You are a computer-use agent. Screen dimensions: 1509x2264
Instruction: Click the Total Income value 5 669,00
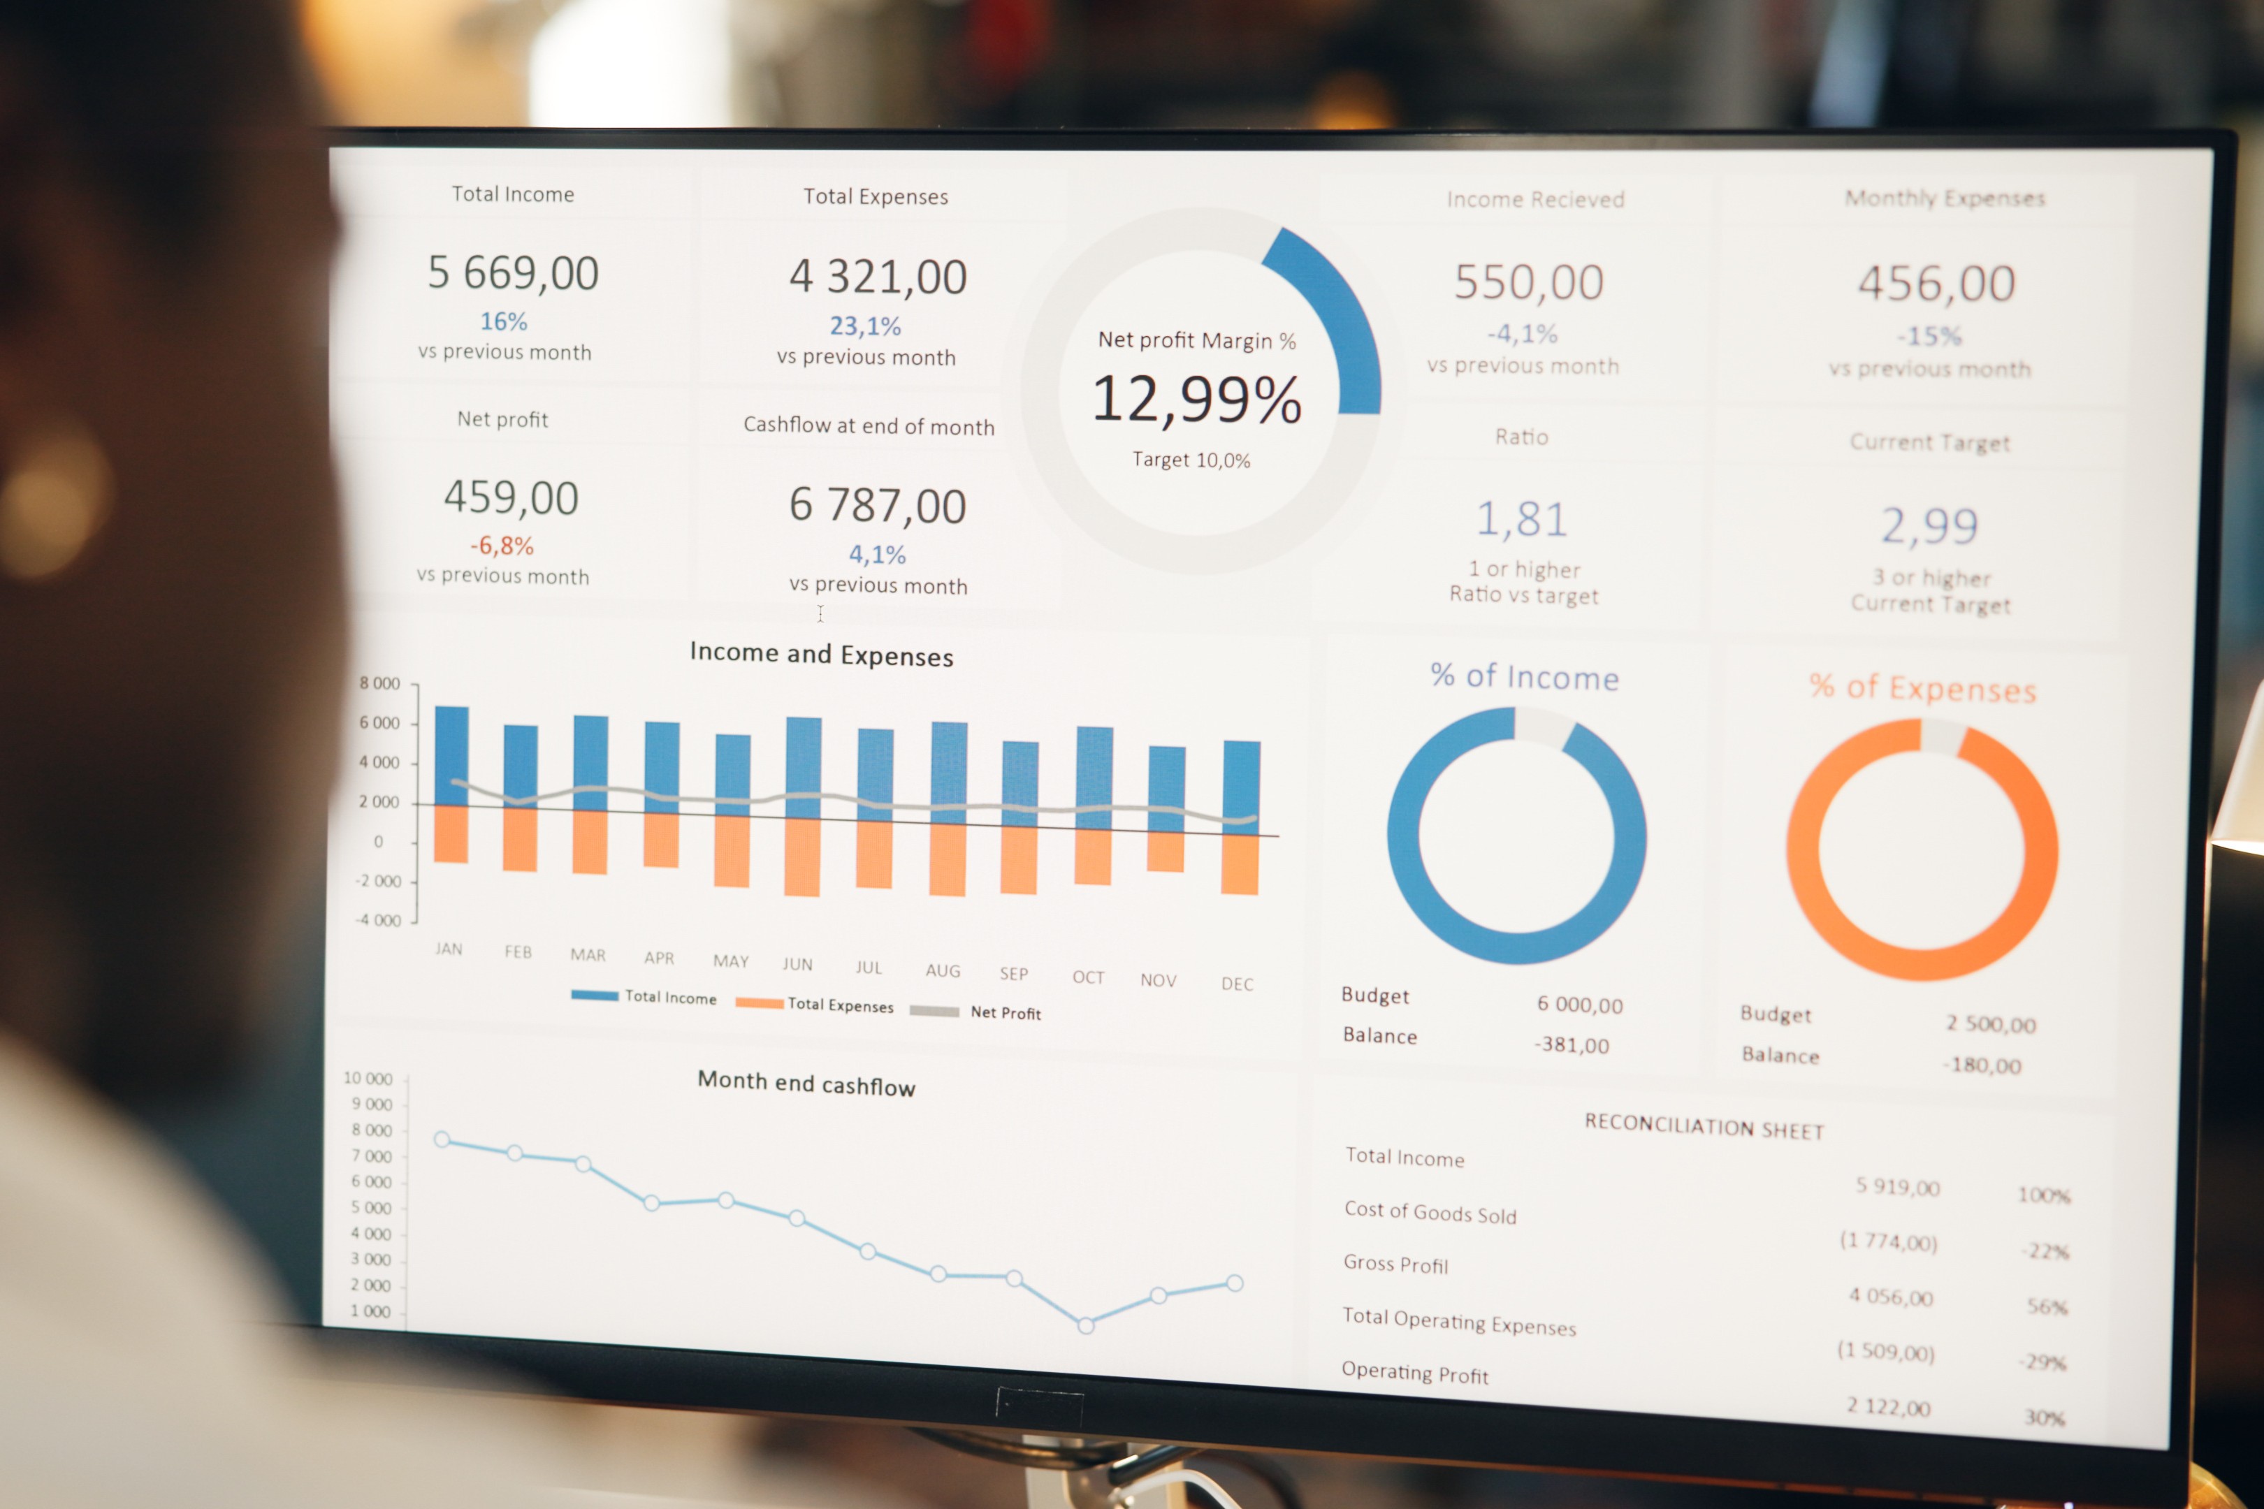click(x=513, y=273)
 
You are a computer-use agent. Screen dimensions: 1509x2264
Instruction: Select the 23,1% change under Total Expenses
click(x=865, y=326)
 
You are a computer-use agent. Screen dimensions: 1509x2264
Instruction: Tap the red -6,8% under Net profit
click(x=502, y=546)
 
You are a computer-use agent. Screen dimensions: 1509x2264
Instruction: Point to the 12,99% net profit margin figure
click(x=1196, y=398)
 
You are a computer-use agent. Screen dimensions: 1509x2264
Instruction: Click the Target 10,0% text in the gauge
click(x=1191, y=460)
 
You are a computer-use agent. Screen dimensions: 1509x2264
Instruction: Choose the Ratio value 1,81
click(x=1522, y=520)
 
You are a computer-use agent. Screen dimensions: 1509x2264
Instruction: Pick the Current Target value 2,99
click(x=1930, y=525)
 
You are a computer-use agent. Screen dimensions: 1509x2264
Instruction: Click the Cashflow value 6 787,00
click(x=877, y=505)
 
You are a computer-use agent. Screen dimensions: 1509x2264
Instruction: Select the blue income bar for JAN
click(x=451, y=755)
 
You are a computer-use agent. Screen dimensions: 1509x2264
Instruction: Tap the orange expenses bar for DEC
click(x=1240, y=864)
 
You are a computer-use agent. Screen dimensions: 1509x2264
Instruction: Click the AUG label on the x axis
click(x=943, y=970)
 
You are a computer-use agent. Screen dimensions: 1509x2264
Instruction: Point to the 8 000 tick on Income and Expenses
click(x=379, y=683)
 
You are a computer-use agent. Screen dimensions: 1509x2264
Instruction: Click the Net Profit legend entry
click(x=1005, y=1012)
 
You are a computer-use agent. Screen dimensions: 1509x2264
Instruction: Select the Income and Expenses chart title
click(x=821, y=655)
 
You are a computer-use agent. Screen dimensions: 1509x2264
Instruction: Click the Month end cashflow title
click(x=806, y=1084)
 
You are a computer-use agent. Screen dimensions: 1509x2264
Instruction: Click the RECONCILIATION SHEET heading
click(x=1704, y=1126)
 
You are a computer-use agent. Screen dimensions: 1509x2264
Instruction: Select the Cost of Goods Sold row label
click(x=1430, y=1213)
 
